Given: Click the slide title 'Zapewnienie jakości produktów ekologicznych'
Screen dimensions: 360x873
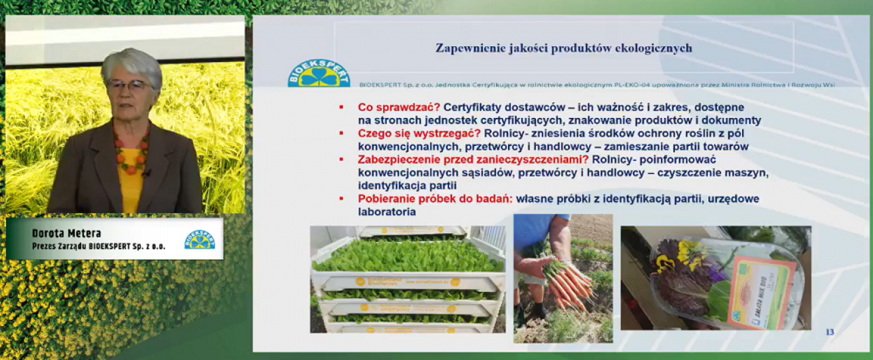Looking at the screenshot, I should (x=563, y=48).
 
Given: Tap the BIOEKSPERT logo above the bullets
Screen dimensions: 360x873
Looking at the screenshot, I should (x=319, y=73).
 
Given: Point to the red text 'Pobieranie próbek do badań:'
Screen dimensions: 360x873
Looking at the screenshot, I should (x=435, y=199).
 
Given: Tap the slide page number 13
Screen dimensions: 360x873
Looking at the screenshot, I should (x=829, y=332).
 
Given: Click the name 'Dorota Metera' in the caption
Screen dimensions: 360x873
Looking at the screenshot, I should (x=66, y=234).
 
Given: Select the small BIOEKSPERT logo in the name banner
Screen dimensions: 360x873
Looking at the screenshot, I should (x=199, y=239).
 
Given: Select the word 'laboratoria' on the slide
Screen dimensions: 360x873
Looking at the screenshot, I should (x=387, y=212).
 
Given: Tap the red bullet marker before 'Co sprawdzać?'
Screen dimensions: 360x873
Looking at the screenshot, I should (x=342, y=108).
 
